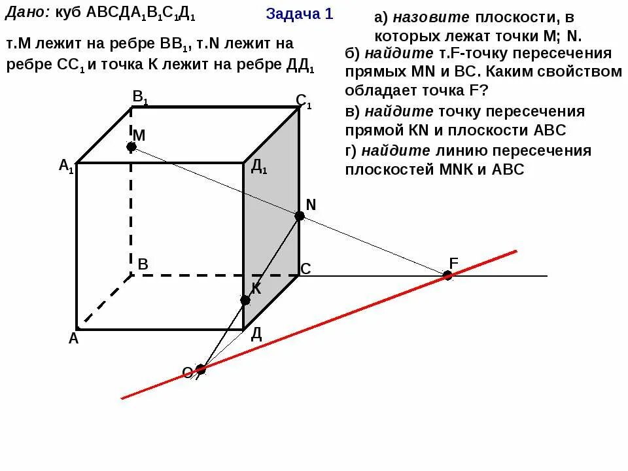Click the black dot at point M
point(131,147)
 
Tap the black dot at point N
point(300,216)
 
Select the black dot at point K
point(245,300)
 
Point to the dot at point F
point(447,275)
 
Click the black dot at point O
point(201,369)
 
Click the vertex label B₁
point(140,98)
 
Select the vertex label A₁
point(66,166)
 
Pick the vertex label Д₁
point(258,167)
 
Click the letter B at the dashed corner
point(143,265)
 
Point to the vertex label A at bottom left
point(73,338)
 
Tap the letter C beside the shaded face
point(305,269)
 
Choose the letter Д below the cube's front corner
point(256,335)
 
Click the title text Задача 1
point(300,14)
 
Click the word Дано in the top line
point(25,13)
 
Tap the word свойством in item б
point(587,71)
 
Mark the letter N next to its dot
point(311,205)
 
